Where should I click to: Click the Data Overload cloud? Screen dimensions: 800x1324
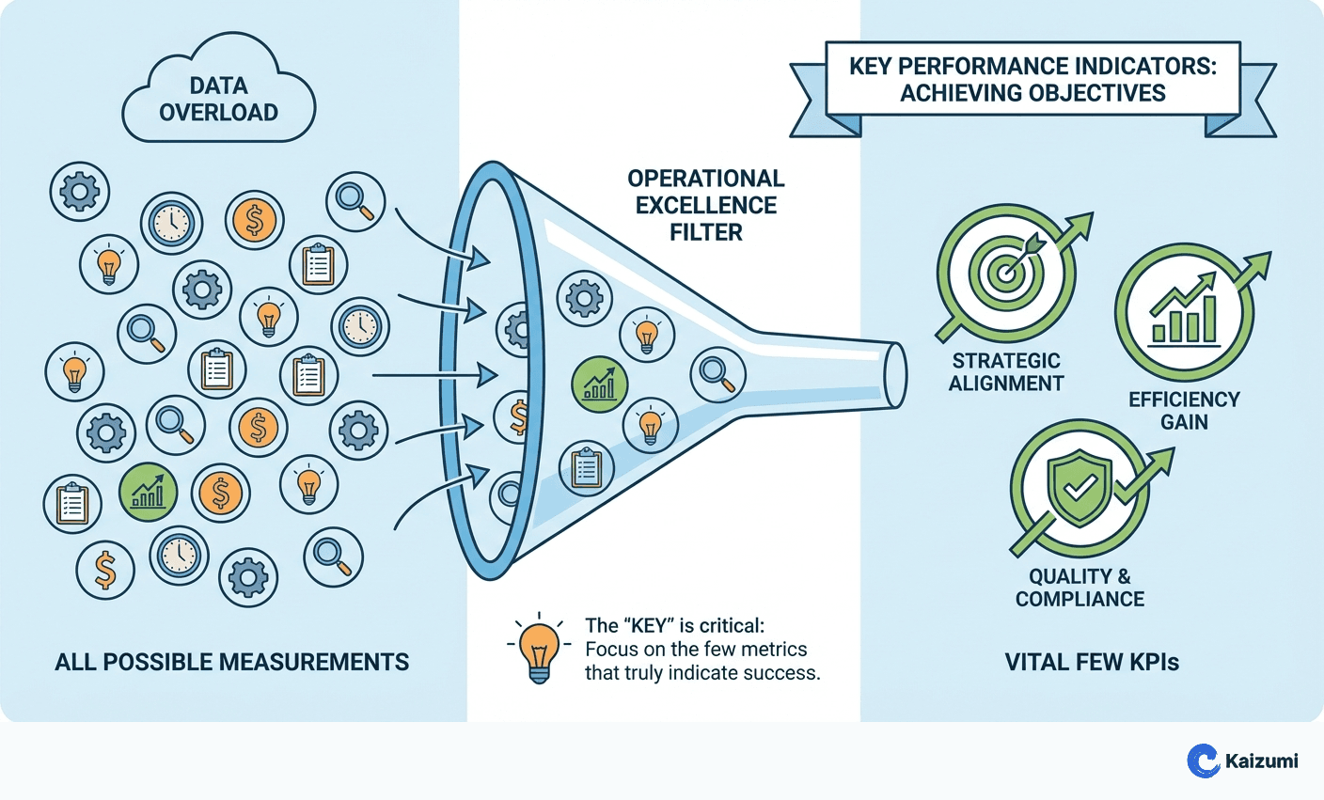click(x=218, y=94)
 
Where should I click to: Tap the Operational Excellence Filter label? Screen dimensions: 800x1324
click(x=705, y=205)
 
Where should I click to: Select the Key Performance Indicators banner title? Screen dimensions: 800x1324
click(x=1032, y=80)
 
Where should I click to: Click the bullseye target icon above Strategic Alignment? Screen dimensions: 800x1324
click(x=1006, y=274)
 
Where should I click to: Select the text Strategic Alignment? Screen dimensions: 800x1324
click(x=1006, y=372)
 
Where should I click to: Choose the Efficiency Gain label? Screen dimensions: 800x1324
click(x=1184, y=411)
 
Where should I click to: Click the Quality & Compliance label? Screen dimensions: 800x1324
click(x=1080, y=588)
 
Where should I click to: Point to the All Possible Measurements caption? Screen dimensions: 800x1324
click(x=231, y=662)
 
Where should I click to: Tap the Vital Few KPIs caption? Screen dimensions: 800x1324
click(x=1092, y=662)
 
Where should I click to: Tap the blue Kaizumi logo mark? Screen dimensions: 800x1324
click(x=1203, y=761)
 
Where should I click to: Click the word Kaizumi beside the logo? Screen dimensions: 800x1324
click(x=1262, y=761)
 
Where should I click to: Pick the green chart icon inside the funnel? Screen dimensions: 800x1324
click(x=599, y=384)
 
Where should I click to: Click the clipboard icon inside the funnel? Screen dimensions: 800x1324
click(x=587, y=467)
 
